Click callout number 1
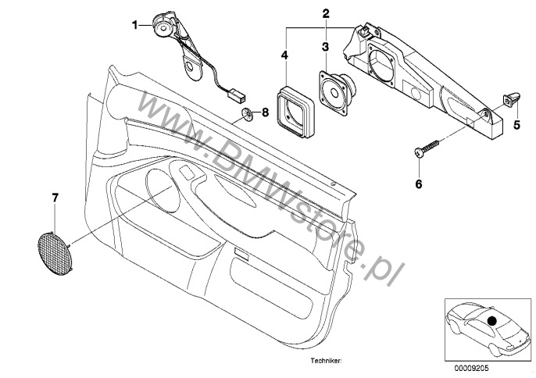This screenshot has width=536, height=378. (x=135, y=25)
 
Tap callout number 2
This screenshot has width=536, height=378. (x=325, y=12)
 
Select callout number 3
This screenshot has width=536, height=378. (x=325, y=47)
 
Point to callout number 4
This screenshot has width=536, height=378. (x=285, y=55)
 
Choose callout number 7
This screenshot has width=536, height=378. (x=55, y=199)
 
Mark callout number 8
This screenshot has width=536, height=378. (x=264, y=112)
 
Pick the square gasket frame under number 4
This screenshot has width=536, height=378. (x=293, y=109)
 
